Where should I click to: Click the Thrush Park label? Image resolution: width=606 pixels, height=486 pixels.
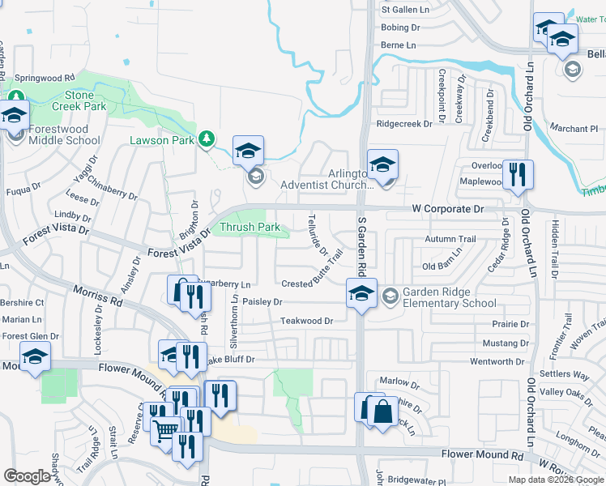pos(250,228)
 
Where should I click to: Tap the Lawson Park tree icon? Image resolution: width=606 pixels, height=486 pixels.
pos(207,139)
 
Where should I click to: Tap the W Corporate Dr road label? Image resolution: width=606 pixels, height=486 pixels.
pos(447,209)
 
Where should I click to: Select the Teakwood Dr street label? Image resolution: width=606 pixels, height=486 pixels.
pos(306,322)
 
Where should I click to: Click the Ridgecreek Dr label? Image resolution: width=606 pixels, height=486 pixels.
pos(410,124)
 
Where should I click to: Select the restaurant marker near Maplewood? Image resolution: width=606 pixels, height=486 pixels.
pos(518,174)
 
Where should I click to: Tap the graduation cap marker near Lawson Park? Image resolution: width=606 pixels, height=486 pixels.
pos(249,151)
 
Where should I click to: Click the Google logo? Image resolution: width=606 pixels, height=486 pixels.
pos(28,476)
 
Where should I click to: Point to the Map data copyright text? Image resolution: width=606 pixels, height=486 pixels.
pos(556,480)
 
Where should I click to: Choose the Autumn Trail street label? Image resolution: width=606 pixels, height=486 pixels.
pos(450,240)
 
